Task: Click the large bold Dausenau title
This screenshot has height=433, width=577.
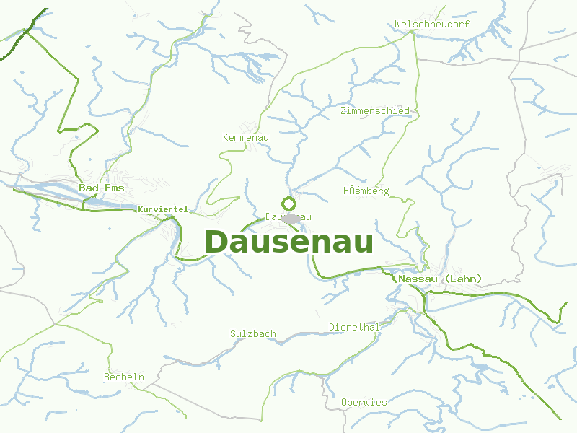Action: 289,242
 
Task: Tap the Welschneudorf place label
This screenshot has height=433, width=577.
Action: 432,25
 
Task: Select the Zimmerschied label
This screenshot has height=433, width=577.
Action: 375,111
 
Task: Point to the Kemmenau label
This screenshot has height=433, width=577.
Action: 246,137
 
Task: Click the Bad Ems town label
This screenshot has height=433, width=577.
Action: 102,188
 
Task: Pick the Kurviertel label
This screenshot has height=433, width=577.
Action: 162,209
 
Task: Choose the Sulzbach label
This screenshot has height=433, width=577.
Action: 253,333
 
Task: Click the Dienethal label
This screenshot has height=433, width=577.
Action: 354,327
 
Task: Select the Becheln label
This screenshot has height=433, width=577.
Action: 124,377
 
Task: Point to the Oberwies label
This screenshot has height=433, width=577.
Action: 364,402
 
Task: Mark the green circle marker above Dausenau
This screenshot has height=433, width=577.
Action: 289,204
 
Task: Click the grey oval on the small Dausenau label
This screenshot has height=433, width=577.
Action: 291,218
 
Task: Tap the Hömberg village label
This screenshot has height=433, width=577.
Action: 366,191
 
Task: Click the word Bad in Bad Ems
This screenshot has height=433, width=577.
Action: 89,188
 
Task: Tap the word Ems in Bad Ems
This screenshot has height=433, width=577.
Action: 113,188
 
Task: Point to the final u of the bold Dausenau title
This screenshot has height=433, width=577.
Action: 363,244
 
